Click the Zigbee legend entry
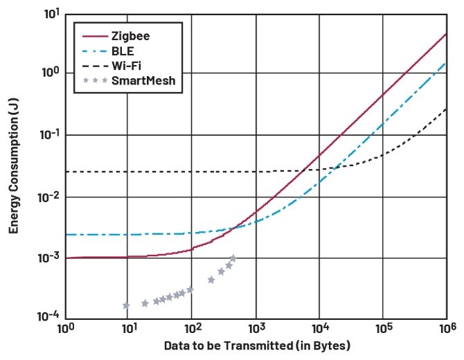point(125,35)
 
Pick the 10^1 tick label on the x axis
point(128,327)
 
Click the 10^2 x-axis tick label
point(192,327)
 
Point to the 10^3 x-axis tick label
point(256,327)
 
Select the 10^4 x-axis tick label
point(319,327)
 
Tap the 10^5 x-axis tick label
point(383,327)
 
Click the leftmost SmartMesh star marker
point(126,305)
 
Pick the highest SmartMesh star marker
point(233,258)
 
